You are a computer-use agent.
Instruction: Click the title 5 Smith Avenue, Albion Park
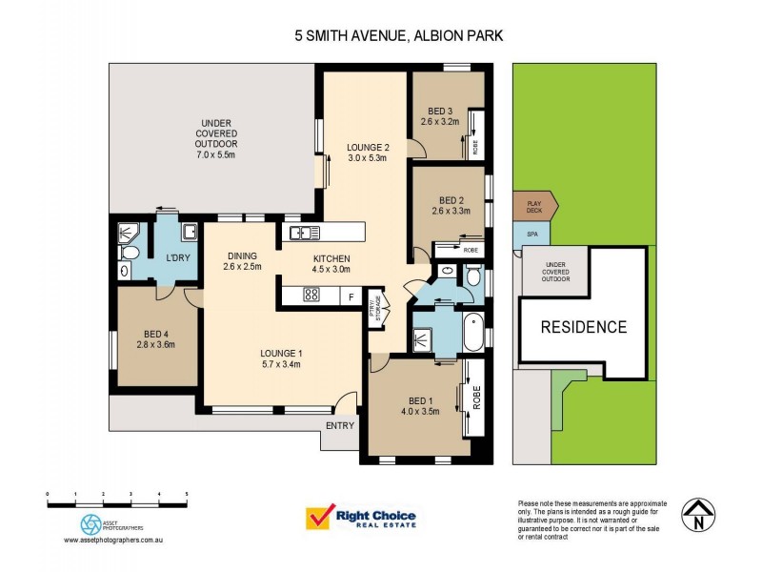(398, 36)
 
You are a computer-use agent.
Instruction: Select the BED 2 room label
(450, 200)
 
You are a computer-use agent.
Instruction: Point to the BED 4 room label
(156, 333)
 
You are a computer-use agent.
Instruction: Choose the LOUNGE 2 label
(368, 147)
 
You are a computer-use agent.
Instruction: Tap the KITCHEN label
(332, 258)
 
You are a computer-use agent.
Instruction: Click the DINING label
(242, 255)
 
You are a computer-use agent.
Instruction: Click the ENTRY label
(339, 425)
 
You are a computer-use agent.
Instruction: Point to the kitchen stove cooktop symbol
(311, 295)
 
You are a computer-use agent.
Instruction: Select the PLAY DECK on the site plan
(533, 205)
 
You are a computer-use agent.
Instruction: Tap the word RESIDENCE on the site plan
(584, 327)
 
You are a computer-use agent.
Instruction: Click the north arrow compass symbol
(698, 516)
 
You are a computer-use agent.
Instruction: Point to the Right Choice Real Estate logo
(359, 518)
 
